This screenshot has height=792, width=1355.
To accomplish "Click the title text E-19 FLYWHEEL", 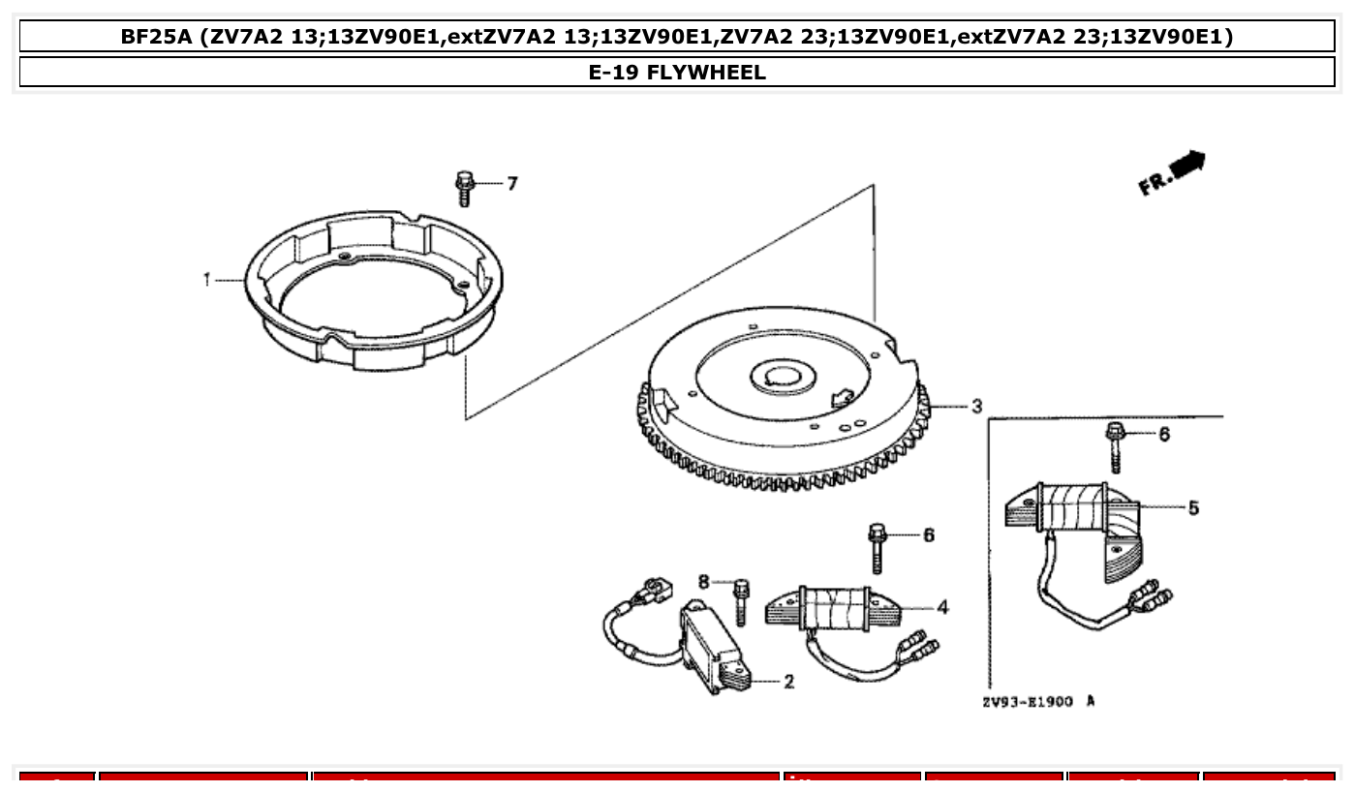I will pos(677,73).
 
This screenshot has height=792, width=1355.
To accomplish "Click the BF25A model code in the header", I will pos(156,37).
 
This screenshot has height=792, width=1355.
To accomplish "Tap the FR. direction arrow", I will pos(1173,171).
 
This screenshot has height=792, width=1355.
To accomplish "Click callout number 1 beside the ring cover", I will pos(206,280).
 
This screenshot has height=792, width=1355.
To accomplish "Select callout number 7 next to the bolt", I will pos(512,183).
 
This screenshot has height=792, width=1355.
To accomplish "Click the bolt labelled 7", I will pos(465,188).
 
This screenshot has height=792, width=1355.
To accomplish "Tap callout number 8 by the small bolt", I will pos(704,581).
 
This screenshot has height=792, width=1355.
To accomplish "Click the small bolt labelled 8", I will pos(741,600).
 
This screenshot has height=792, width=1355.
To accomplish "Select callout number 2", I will pos(788,682).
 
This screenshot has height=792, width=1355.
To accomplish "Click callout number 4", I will pos(942,608).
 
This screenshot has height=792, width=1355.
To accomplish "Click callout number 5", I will pos(1193,507).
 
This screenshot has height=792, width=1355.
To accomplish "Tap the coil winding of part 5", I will pos(1072,507).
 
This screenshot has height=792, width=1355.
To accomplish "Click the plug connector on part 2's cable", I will pos(655,588).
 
